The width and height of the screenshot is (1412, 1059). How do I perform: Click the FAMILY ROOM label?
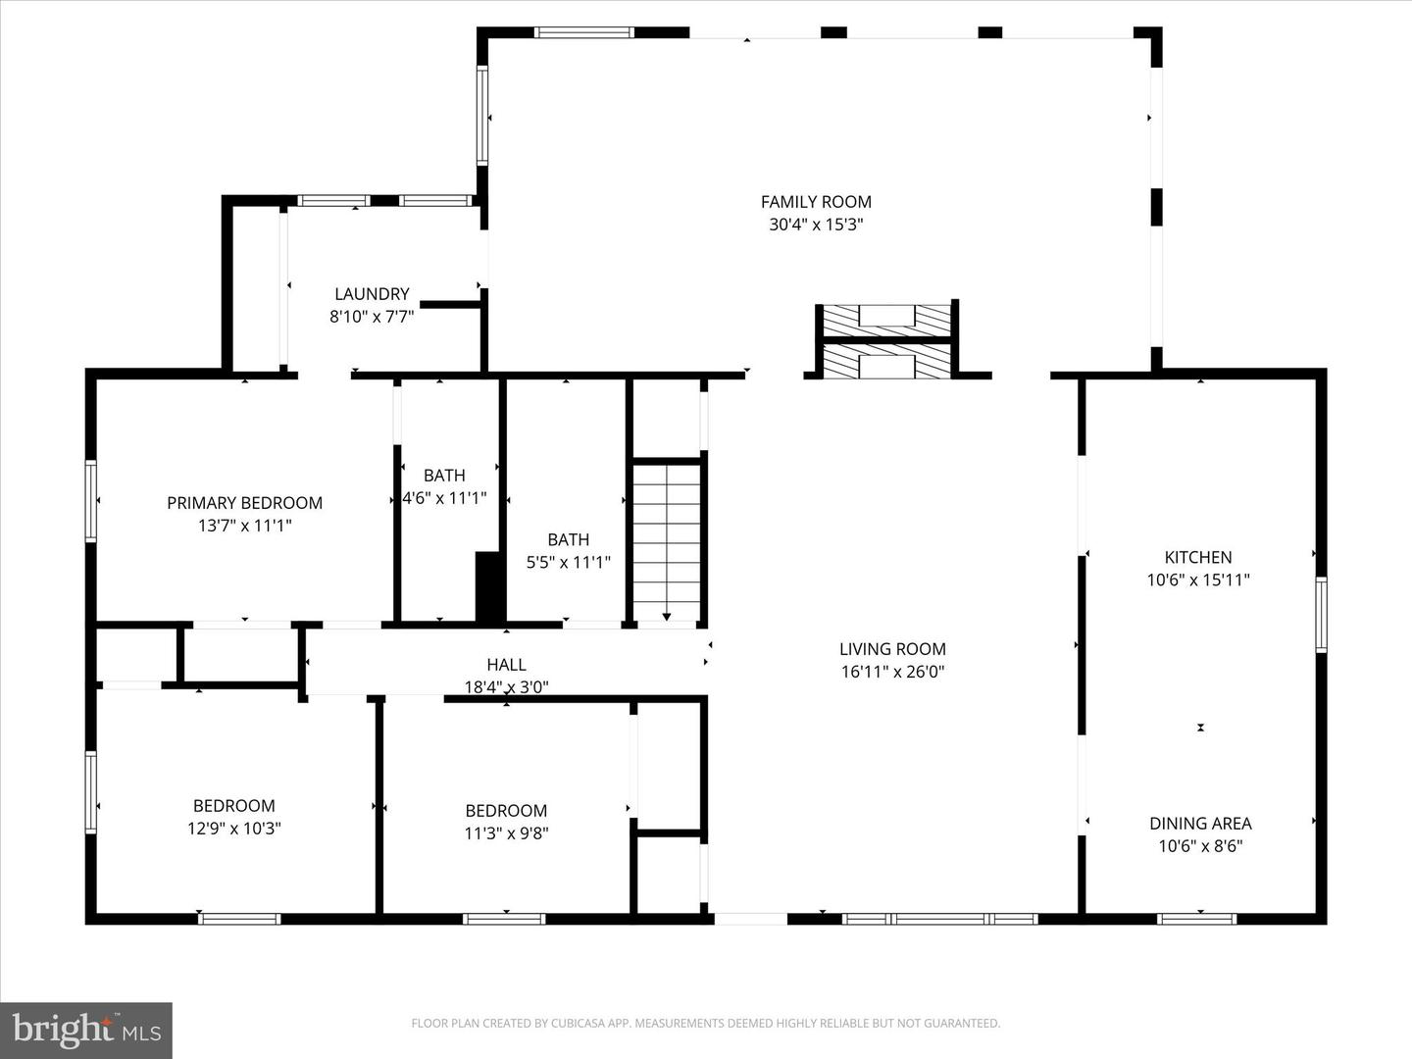tap(816, 202)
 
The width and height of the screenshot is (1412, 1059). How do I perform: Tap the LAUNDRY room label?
tap(372, 294)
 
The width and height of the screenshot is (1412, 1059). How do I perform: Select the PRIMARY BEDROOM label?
tap(244, 503)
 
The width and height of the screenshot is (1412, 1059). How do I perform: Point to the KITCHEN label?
tap(1198, 557)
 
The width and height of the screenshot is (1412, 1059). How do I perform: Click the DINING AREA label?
tap(1200, 823)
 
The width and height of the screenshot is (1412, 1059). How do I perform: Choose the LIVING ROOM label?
tap(892, 649)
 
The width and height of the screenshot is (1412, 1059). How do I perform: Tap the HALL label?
tap(506, 664)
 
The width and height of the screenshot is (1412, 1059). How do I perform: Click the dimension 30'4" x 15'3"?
tap(816, 225)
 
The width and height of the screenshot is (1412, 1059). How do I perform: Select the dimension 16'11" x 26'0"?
tap(892, 672)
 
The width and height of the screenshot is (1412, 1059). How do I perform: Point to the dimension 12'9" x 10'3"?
tap(234, 829)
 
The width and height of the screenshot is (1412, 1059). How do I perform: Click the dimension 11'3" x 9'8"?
tap(506, 833)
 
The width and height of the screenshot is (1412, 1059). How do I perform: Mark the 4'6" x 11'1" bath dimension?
tap(444, 498)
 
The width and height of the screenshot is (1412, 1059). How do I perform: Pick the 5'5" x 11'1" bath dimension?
tap(568, 562)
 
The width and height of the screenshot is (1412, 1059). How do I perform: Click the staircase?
tap(667, 541)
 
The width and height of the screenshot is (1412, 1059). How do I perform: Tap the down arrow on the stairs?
tap(667, 617)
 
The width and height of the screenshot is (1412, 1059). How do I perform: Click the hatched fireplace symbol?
tap(887, 341)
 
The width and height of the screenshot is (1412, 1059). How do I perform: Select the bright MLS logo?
tap(86, 1031)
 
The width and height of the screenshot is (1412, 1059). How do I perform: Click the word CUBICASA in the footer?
tap(578, 1023)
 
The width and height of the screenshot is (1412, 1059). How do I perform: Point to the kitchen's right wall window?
tap(1321, 615)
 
